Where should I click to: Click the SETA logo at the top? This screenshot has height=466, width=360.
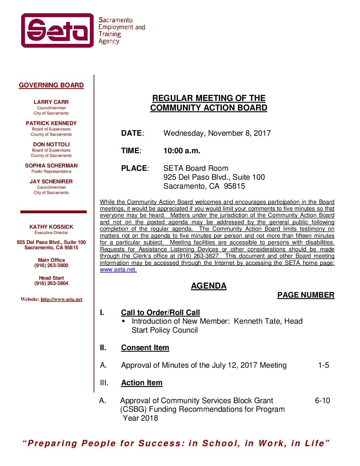point(58,30)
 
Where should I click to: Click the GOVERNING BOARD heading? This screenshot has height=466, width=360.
point(51,85)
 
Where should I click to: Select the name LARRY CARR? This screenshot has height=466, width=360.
point(51,102)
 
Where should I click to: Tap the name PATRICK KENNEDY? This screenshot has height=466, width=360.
point(51,123)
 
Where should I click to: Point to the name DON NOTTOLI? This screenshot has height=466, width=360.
point(51,145)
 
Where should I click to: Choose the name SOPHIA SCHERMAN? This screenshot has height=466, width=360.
point(51,166)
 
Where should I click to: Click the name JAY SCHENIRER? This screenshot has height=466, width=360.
point(51,182)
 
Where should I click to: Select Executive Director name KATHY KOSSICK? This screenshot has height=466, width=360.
point(51,227)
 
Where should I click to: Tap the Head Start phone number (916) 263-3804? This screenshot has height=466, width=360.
point(51,284)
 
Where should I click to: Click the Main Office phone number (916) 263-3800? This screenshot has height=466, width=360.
point(51,266)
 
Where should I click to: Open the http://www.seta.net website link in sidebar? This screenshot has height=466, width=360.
point(62,300)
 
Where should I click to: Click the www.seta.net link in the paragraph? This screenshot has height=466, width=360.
point(118,270)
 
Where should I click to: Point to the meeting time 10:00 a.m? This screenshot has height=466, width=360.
point(182,151)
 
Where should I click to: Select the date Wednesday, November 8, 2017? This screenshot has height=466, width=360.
point(217,133)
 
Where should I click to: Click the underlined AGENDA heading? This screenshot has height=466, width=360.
point(208,286)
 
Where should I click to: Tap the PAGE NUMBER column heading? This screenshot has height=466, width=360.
point(306,295)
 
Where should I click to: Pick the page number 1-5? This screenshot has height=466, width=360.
point(324,365)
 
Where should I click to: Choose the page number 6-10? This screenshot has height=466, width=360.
point(322,401)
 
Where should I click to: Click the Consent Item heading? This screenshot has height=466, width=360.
point(145,348)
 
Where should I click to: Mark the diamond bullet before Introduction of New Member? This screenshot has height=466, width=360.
point(124,321)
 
